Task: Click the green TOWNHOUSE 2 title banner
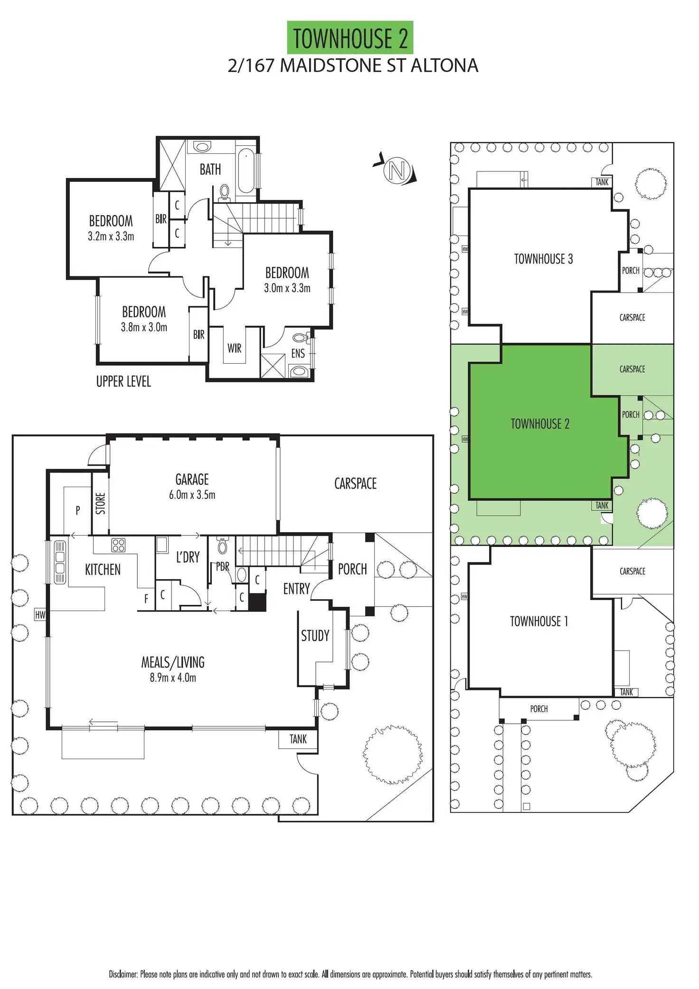350,38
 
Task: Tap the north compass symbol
397,170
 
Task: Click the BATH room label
210,170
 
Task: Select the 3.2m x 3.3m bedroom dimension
111,236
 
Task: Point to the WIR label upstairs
234,349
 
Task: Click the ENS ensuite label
298,354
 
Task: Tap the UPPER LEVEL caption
123,382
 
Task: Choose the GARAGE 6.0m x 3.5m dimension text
192,495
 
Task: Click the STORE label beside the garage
100,503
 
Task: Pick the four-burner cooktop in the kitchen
118,545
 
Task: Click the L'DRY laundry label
188,557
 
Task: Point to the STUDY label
315,636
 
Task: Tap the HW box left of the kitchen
40,615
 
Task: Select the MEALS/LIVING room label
173,662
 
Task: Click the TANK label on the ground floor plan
298,739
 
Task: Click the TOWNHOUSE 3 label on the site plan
543,259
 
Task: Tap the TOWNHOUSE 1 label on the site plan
539,622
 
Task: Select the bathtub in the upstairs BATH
246,171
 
